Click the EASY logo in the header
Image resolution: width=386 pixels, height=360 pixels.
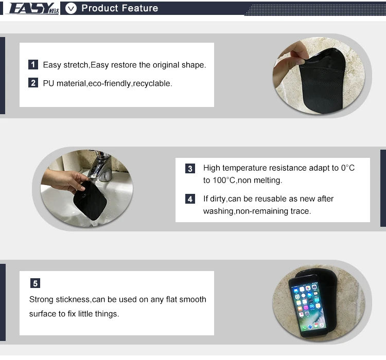pos(34,8)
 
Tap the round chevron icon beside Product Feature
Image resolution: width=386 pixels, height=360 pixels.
pos(71,8)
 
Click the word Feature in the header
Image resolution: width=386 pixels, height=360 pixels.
pos(140,8)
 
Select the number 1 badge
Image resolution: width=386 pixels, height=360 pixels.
pos(33,64)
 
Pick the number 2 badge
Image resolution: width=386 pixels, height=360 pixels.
pos(33,83)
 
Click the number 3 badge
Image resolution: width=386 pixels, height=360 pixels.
pos(190,169)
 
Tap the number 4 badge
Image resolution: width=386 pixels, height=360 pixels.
pos(190,199)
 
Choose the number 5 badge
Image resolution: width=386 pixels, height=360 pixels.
pos(35,283)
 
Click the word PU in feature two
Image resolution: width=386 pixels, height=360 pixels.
pos(48,83)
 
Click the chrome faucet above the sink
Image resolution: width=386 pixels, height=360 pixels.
pos(100,166)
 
